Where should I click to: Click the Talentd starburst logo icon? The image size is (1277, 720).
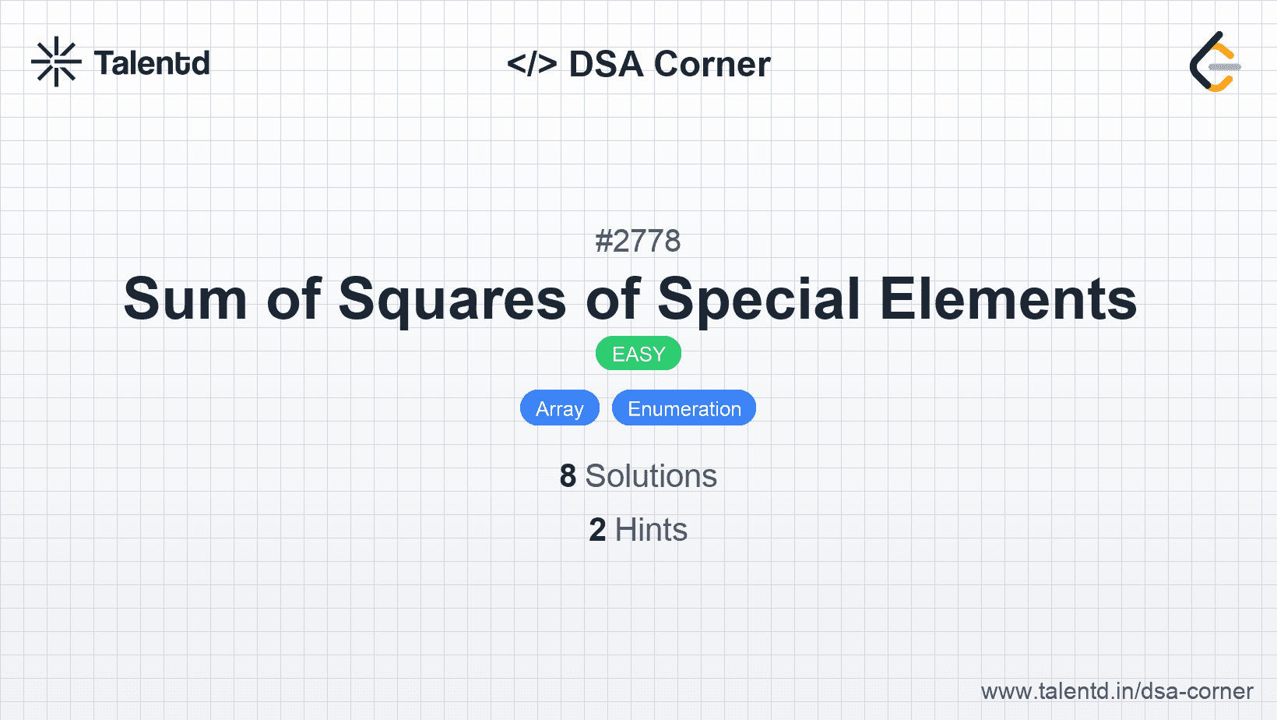(56, 62)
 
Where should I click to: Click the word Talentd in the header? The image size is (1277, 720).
(152, 63)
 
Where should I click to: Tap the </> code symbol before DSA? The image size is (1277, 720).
(532, 64)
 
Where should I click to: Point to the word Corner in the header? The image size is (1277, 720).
(712, 64)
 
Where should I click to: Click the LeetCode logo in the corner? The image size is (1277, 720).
(1215, 62)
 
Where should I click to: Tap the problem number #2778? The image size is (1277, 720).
(638, 241)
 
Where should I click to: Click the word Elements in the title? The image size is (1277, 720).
(1008, 298)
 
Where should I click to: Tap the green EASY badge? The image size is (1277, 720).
(638, 354)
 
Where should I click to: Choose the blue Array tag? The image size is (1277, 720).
(560, 408)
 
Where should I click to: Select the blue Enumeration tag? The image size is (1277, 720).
(684, 408)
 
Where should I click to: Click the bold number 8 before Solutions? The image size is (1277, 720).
(568, 476)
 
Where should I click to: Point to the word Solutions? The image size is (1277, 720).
(651, 476)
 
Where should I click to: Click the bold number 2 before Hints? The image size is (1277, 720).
(597, 529)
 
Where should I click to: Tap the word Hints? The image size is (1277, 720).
(651, 529)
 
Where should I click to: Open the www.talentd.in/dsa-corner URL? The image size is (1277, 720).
(1117, 691)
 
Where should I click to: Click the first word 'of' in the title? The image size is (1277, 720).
(294, 298)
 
